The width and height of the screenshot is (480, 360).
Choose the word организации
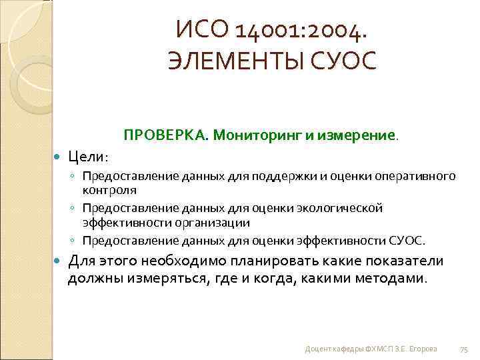coord(213,222)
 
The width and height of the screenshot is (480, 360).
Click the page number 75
coord(465,349)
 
